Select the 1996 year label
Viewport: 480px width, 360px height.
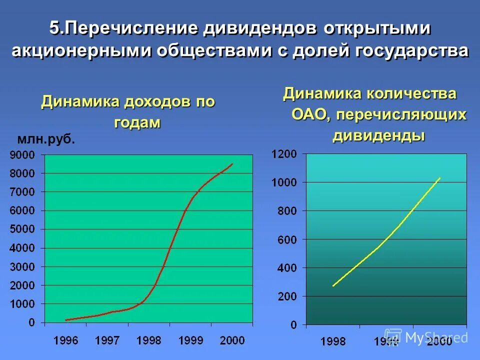pyautogui.click(x=65, y=340)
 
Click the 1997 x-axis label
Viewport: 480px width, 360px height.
pyautogui.click(x=107, y=340)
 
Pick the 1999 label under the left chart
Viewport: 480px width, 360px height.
pyautogui.click(x=190, y=340)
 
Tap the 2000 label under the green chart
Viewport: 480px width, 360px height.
pyautogui.click(x=232, y=340)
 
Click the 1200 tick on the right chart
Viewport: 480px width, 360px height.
pyautogui.click(x=284, y=154)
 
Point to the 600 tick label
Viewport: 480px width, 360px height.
pyautogui.click(x=287, y=240)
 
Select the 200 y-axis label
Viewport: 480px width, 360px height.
pyautogui.click(x=287, y=296)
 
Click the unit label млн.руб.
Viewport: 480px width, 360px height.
pyautogui.click(x=46, y=139)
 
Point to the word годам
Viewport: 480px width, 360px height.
pyautogui.click(x=137, y=123)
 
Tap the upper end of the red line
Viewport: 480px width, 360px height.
pyautogui.click(x=232, y=163)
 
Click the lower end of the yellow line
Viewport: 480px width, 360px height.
pyautogui.click(x=333, y=286)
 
